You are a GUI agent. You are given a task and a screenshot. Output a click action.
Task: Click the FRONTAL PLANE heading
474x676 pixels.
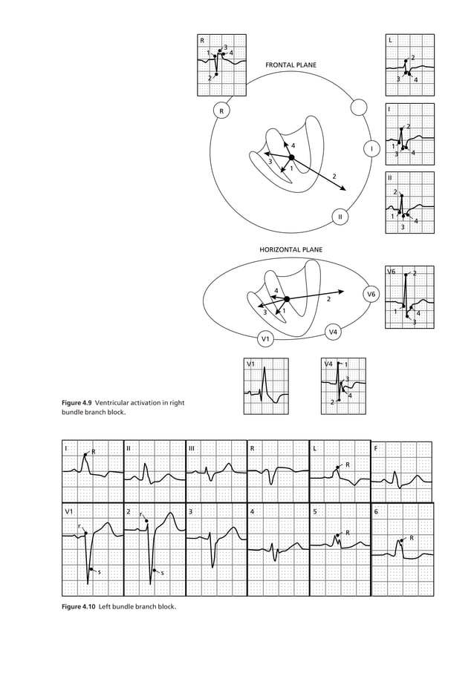point(290,65)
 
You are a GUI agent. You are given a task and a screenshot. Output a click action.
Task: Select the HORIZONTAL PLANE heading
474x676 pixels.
point(290,251)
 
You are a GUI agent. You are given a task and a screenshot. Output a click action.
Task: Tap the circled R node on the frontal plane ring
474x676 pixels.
point(221,111)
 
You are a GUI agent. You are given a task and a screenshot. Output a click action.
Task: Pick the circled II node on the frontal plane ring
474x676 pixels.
point(340,217)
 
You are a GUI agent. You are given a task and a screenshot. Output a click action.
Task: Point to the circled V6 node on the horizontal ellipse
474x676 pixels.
point(371,295)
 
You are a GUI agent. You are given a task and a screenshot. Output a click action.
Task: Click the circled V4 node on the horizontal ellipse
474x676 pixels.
point(334,332)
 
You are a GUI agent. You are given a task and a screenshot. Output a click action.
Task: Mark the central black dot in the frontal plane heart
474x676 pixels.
point(291,157)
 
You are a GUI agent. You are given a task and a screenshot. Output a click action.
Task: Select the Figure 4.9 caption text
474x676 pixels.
point(123,407)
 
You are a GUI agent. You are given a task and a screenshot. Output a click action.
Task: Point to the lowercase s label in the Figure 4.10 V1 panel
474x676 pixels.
point(100,573)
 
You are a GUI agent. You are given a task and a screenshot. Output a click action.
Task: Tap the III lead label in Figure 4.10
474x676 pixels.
point(192,449)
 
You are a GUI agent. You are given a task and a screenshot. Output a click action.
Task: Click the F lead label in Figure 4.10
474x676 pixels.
point(376,449)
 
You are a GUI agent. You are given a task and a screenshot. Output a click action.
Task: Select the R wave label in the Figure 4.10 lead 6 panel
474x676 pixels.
point(412,538)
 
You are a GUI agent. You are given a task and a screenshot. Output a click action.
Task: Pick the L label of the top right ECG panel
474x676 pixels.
point(391,39)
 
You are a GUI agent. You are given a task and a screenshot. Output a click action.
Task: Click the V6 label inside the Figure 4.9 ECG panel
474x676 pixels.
point(392,272)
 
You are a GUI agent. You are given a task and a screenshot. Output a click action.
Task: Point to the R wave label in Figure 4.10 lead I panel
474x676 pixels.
point(94,452)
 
